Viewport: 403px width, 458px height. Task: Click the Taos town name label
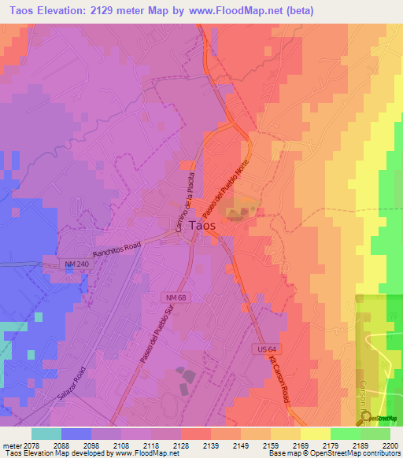coord(202,224)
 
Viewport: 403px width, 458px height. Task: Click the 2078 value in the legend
coord(31,445)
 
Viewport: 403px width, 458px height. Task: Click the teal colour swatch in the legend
coord(46,434)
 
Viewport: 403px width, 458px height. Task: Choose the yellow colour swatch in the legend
coord(315,434)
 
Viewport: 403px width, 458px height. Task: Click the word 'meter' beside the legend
coord(10,445)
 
